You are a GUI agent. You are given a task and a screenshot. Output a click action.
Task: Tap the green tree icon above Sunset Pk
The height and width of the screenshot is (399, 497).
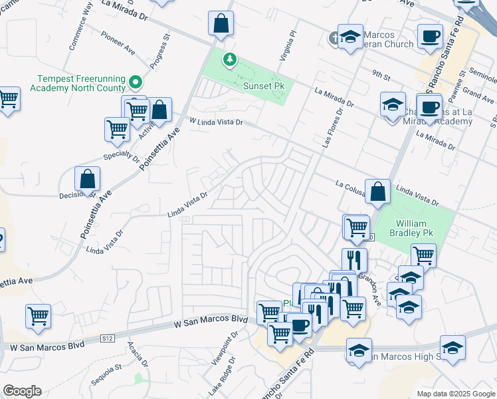[x=230, y=60]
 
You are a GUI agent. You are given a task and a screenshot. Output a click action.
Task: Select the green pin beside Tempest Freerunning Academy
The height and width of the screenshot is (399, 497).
[x=136, y=82]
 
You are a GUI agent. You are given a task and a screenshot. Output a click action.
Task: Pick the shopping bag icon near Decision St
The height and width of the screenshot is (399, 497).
[x=87, y=179]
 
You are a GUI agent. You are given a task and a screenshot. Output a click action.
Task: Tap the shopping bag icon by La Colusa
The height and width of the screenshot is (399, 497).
[x=377, y=192]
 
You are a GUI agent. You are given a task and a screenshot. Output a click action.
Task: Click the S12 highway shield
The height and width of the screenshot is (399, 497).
[x=107, y=338]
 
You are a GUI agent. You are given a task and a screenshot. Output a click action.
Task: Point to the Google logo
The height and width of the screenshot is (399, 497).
[x=22, y=391]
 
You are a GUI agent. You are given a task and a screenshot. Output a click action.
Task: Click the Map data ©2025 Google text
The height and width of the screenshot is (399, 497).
[x=455, y=394]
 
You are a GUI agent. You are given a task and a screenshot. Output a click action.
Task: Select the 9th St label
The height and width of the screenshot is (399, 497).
[x=381, y=75]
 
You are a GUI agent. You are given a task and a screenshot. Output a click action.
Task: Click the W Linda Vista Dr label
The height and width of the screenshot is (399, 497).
[x=217, y=122]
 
